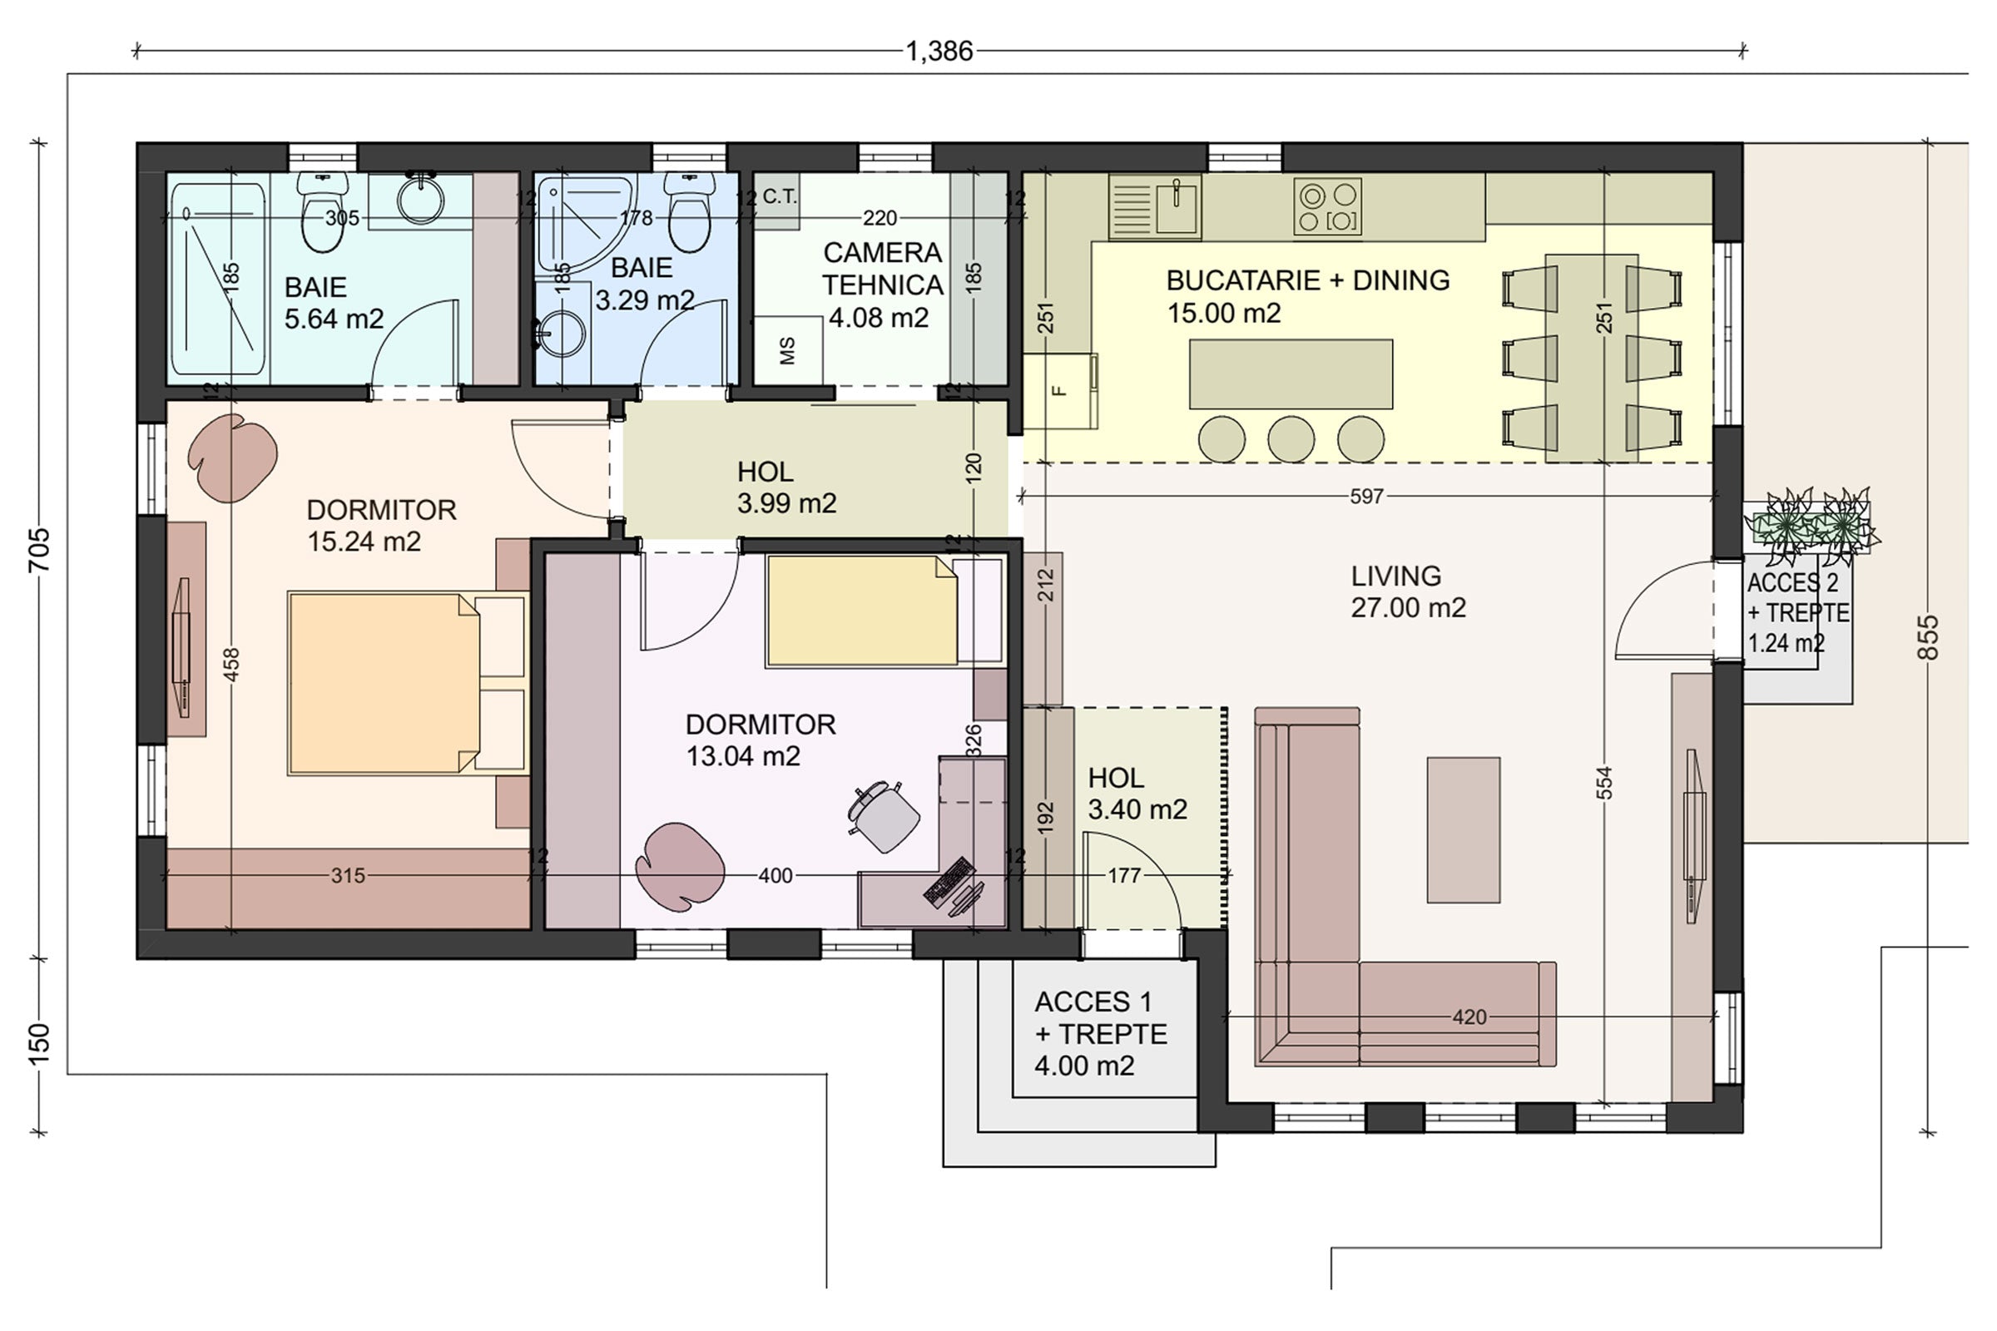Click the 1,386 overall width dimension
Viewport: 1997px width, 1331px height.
pos(939,52)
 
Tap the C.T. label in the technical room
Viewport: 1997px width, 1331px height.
pos(780,197)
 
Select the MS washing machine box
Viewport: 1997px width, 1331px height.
pos(787,350)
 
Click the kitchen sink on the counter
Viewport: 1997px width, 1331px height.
pos(1154,206)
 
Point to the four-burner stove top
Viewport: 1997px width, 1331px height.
pos(1327,206)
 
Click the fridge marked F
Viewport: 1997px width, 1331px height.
pos(1059,390)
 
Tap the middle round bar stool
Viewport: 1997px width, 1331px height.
pos(1291,439)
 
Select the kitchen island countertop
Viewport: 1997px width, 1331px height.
pos(1291,374)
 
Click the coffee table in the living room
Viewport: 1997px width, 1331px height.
pos(1463,829)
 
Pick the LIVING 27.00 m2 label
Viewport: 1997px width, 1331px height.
pos(1409,591)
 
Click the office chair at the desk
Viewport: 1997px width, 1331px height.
pos(883,816)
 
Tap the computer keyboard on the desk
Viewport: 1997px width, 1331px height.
pos(949,882)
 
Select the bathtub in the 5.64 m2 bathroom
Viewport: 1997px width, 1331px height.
pos(217,280)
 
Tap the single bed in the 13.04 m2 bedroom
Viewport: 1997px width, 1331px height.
pos(883,611)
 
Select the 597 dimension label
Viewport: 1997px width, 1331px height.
pos(1366,497)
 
